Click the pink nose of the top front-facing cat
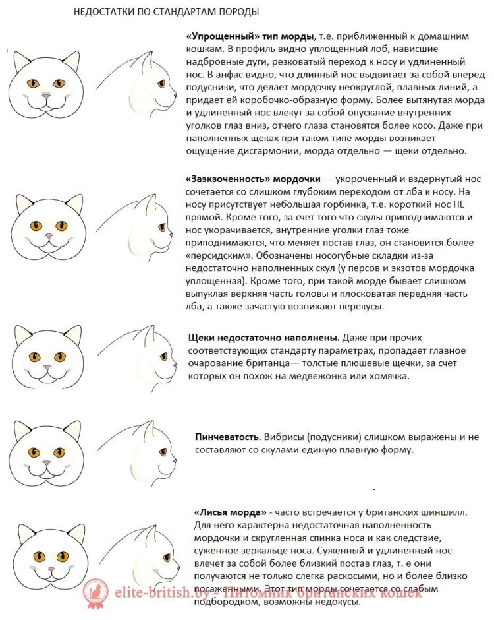pyautogui.click(x=46, y=96)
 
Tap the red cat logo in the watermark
pyautogui.click(x=94, y=594)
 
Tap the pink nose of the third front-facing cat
pyautogui.click(x=46, y=367)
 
